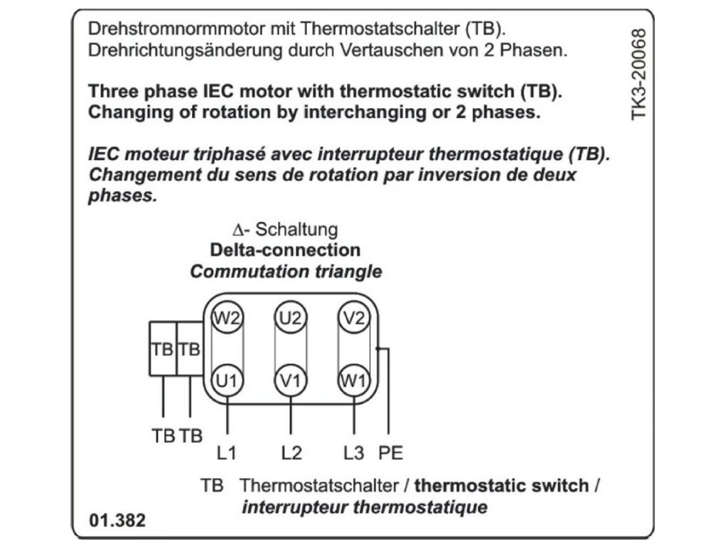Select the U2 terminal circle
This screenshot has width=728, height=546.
pyautogui.click(x=290, y=317)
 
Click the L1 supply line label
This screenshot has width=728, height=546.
pyautogui.click(x=227, y=452)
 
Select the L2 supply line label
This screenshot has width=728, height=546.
pyautogui.click(x=291, y=452)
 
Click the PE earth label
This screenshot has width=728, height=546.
pyautogui.click(x=391, y=452)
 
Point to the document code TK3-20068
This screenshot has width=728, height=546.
pyautogui.click(x=641, y=74)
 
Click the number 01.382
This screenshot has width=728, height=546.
pyautogui.click(x=117, y=520)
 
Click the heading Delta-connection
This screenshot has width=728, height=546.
pyautogui.click(x=285, y=250)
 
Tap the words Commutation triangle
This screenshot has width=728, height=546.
pyautogui.click(x=286, y=272)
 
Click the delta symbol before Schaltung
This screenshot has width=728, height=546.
pyautogui.click(x=238, y=230)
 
